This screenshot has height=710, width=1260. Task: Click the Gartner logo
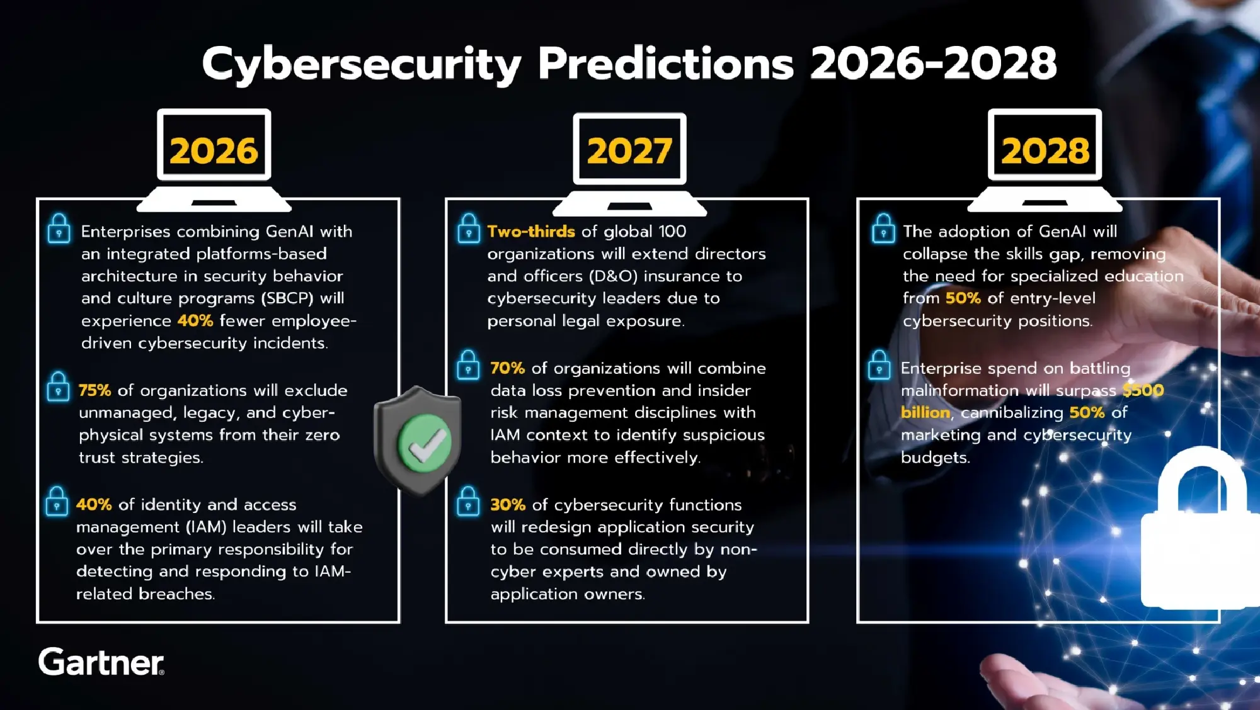point(101,662)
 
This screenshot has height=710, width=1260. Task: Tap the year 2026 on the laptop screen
point(214,151)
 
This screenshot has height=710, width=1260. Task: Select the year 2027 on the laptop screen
point(629,152)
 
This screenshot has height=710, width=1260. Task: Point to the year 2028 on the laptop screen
point(1045,151)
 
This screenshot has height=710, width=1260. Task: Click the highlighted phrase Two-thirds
point(530,232)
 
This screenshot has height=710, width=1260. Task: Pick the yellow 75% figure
point(94,390)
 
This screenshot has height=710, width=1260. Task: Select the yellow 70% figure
point(507,368)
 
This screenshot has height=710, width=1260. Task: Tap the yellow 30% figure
point(508,505)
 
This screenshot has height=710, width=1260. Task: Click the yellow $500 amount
point(1143,390)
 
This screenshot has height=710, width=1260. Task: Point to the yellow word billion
point(925,413)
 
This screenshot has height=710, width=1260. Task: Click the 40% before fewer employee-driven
point(195,320)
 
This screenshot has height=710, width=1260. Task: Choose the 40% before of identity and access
point(94,505)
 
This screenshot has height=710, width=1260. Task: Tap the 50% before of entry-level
point(963,298)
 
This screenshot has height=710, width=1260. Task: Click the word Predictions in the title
point(665,64)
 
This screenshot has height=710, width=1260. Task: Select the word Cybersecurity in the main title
point(361,65)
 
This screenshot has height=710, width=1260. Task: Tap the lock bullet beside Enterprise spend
point(879,364)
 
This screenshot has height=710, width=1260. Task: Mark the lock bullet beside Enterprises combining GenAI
point(59,228)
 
